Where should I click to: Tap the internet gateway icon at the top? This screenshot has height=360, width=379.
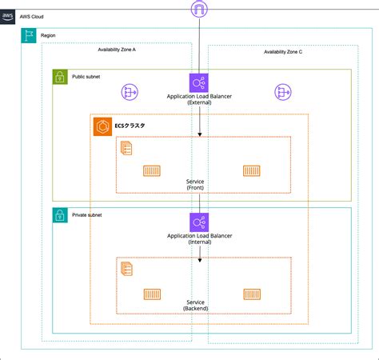click(x=199, y=9)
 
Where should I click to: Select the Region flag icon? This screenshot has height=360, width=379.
click(x=30, y=37)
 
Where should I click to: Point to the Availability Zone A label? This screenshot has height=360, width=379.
click(x=117, y=50)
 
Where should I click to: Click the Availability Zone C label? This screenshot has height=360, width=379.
click(x=283, y=52)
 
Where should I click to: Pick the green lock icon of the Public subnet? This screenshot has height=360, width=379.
click(x=59, y=77)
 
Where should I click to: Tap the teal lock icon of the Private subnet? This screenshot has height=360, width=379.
click(x=59, y=215)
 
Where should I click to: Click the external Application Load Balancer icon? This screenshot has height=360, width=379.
click(x=199, y=82)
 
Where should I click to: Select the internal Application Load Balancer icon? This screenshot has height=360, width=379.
click(x=199, y=222)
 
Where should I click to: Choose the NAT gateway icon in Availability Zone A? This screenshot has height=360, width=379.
click(x=130, y=93)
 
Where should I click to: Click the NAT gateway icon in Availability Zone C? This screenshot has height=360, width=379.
click(x=283, y=93)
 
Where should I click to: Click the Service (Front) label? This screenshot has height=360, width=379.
click(x=194, y=186)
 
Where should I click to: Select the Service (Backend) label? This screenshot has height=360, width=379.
click(x=195, y=305)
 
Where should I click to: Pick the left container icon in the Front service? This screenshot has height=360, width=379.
click(x=152, y=170)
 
